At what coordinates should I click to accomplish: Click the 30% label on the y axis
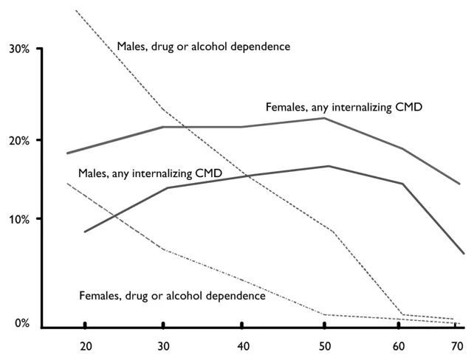18,49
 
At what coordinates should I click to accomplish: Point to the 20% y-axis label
18,140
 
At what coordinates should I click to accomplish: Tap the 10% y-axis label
18,219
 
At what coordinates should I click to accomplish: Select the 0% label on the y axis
21,323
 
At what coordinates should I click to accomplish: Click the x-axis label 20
86,345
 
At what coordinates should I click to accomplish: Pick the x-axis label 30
163,345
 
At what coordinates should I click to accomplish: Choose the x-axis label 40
241,345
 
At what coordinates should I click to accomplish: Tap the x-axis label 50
323,345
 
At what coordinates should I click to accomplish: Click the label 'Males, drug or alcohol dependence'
203,46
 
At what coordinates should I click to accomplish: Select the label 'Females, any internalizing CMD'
344,108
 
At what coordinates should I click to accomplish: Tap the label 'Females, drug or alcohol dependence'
172,296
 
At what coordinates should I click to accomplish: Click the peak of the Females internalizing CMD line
324,118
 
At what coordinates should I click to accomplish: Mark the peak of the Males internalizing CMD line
328,166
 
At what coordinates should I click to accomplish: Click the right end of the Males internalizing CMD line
464,254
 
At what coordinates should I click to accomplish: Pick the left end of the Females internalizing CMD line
67,153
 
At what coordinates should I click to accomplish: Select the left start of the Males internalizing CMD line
84,232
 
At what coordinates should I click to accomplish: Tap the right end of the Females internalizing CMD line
460,184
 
